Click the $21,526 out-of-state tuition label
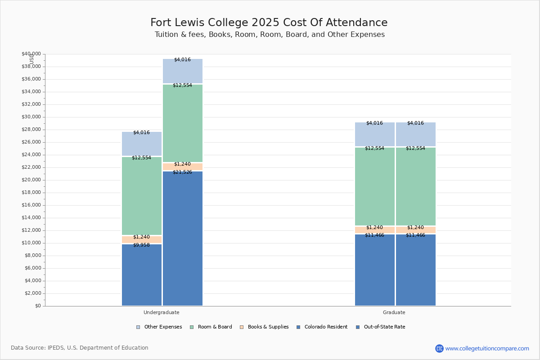182,172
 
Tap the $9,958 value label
141,245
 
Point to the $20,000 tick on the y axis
31,180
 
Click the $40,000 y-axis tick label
31,54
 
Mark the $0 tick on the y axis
37,306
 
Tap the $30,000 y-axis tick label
31,117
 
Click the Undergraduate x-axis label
161,312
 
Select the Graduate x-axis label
394,312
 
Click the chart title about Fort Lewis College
269,22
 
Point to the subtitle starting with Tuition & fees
270,35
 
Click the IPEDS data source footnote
80,348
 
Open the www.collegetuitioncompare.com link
487,348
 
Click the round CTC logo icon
439,348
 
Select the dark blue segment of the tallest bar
183,238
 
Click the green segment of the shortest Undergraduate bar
142,196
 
